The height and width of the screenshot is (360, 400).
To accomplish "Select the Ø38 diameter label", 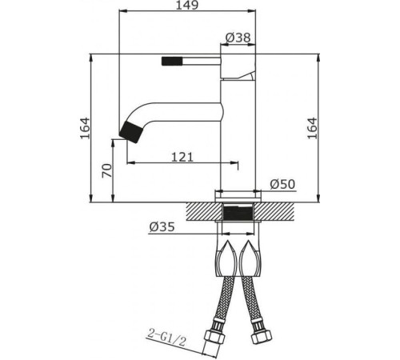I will tap(240, 38).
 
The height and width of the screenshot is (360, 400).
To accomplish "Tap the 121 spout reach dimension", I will tap(183, 157).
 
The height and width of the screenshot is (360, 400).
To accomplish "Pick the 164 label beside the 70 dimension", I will tap(85, 126).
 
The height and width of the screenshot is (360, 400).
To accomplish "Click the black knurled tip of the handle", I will tap(172, 59).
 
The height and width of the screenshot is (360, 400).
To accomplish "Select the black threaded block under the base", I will tap(238, 214).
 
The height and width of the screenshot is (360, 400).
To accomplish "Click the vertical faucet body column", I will tap(238, 136).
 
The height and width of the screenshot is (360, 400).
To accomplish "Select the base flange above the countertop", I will tap(238, 194).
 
